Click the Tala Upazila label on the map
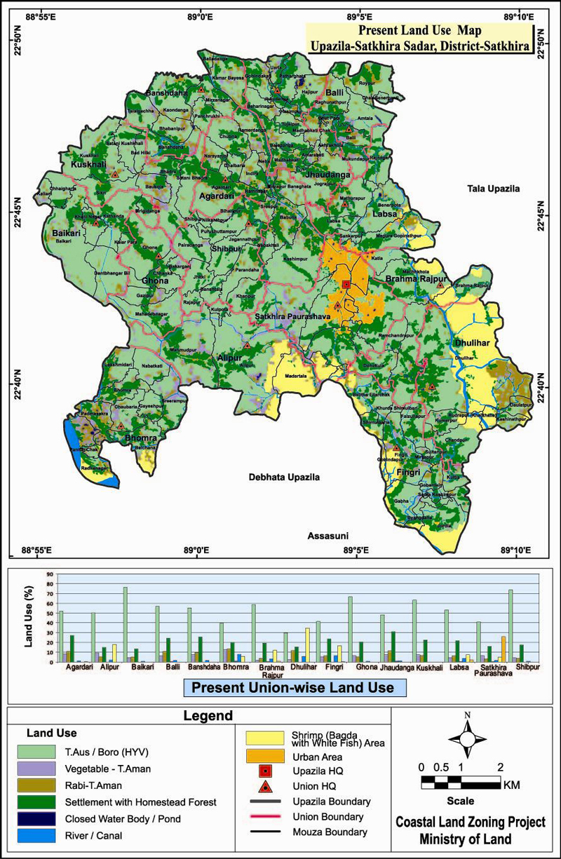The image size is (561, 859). click(x=494, y=189)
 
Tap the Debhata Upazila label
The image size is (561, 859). click(x=284, y=477)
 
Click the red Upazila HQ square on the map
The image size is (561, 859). click(x=346, y=284)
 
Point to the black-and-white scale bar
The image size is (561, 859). click(x=461, y=781)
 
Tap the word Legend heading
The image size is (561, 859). click(x=208, y=716)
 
